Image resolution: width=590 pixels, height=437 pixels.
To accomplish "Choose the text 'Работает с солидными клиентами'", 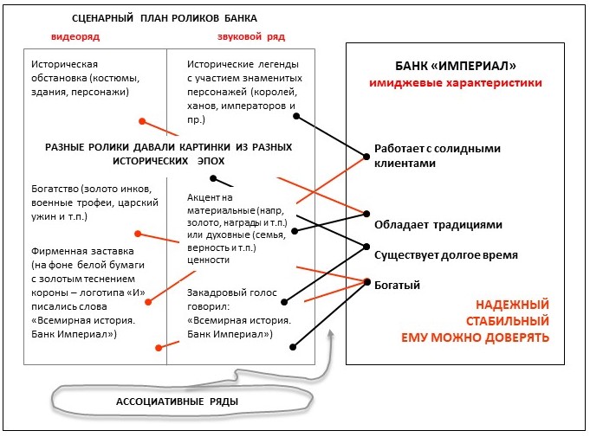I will tap(438, 155).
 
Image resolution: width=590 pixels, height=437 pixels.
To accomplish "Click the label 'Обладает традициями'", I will tap(438, 224).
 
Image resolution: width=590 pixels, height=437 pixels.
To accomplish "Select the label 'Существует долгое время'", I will tap(446, 255).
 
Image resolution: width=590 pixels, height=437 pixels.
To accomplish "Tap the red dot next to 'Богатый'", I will tap(368, 282).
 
